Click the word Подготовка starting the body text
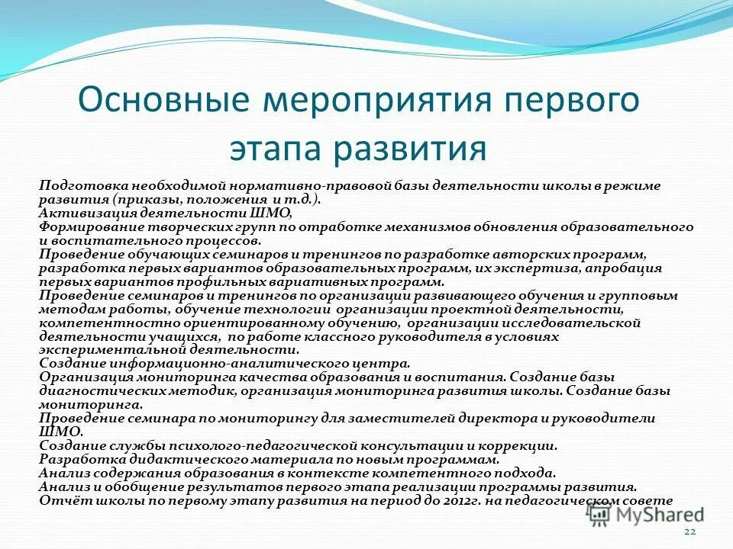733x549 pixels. [x=82, y=185]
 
